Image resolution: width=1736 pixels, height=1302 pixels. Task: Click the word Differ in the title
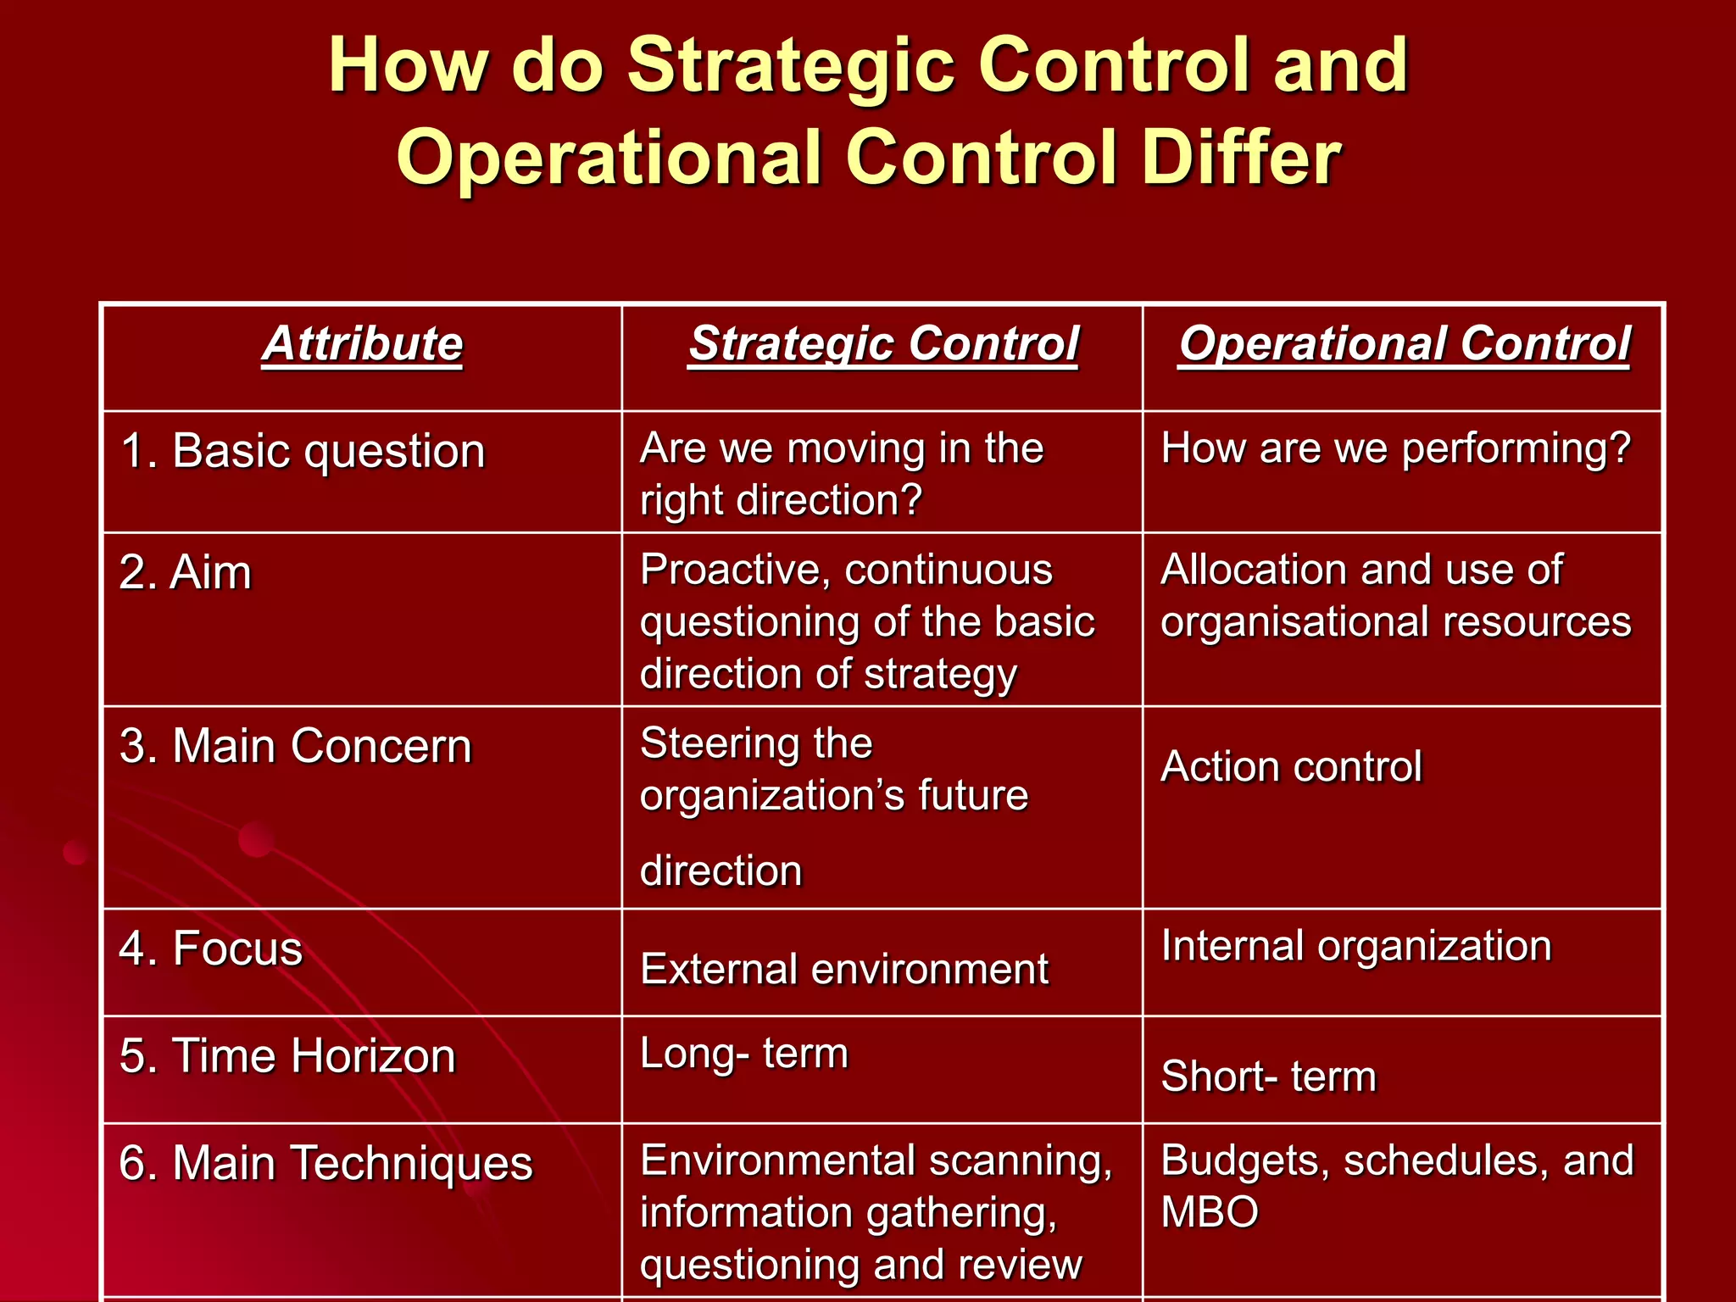point(1241,158)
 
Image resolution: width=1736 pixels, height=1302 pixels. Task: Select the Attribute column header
point(363,345)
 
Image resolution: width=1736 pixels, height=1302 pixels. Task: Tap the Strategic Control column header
point(883,345)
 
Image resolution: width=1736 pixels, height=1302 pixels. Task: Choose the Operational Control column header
point(1405,345)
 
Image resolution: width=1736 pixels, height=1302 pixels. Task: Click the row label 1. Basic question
point(303,451)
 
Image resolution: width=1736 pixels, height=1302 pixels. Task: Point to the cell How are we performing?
point(1395,448)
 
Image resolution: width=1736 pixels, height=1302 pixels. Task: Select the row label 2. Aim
point(186,573)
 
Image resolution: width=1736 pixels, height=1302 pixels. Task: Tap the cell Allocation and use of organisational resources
point(1395,596)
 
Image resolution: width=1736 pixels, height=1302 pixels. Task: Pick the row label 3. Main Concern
point(295,747)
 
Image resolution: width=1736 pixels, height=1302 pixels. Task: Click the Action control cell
point(1291,767)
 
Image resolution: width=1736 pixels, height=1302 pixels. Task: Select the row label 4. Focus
point(211,949)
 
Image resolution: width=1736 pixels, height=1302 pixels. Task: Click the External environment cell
point(844,970)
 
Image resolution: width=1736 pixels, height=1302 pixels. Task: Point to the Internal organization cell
point(1356,946)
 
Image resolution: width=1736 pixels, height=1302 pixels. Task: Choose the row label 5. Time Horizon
point(287,1057)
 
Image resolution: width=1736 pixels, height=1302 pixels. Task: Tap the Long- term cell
point(744,1054)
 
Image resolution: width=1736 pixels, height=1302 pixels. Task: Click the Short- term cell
point(1268,1077)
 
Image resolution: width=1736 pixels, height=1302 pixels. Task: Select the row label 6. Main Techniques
point(325,1163)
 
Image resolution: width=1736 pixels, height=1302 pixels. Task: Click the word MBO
point(1210,1212)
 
